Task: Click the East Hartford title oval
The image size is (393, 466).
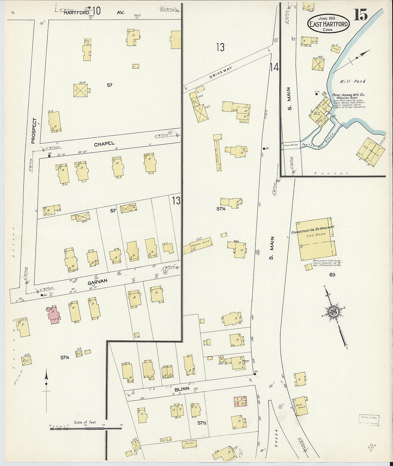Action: [328, 24]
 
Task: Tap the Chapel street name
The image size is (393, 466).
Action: [104, 144]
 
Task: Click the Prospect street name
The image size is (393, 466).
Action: [34, 131]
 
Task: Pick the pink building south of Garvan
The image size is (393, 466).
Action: [53, 314]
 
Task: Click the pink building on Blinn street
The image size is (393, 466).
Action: [240, 401]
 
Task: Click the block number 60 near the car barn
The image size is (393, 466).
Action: [332, 275]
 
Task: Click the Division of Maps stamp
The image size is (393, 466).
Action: [369, 420]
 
